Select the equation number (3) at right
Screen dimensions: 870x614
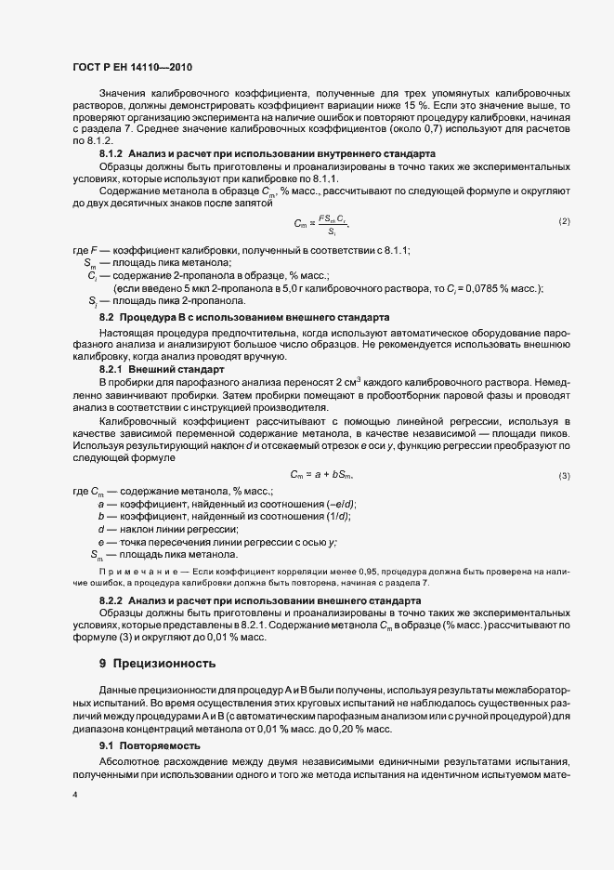[x=564, y=476]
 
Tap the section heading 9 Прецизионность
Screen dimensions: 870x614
[x=157, y=664]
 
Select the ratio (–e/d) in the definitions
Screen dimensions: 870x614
[x=337, y=504]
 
